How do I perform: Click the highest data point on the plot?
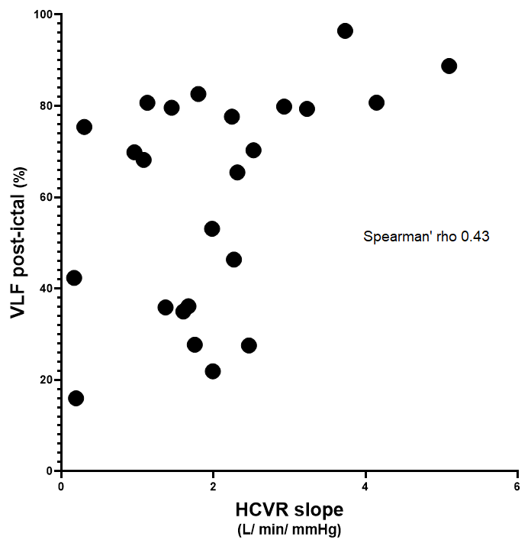tap(345, 31)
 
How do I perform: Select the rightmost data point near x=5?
tap(449, 66)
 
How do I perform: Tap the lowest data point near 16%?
tap(76, 398)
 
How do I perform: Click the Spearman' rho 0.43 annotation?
tap(426, 238)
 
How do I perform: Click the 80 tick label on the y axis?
tap(46, 105)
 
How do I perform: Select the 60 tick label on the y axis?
tap(46, 197)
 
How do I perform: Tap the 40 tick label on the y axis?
tap(46, 288)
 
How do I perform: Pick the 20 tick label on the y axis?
tap(46, 380)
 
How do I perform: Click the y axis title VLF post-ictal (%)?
tap(18, 243)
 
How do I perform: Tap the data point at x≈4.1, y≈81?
tap(376, 102)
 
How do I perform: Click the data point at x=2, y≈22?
tap(213, 371)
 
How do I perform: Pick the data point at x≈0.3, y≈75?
tap(84, 127)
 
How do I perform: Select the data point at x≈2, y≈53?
tap(212, 228)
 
